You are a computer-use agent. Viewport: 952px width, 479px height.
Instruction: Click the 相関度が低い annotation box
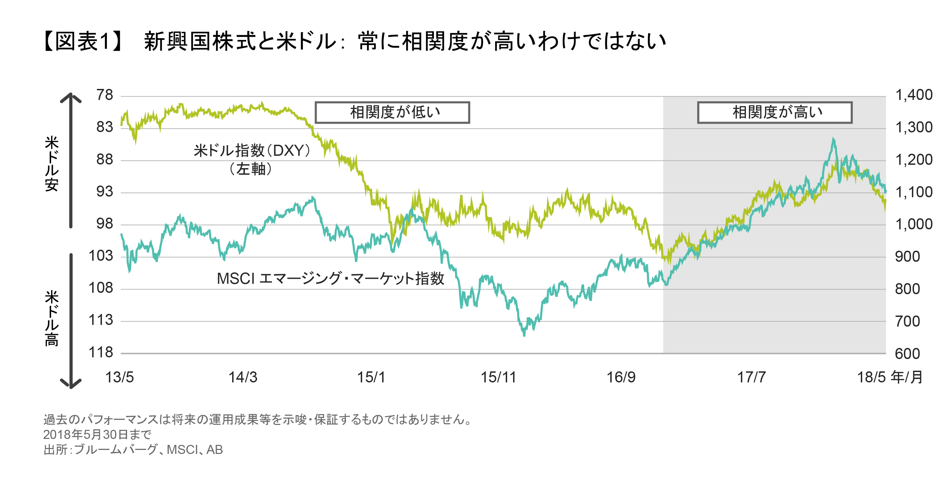pos(392,112)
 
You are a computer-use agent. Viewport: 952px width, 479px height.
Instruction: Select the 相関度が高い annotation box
pos(775,112)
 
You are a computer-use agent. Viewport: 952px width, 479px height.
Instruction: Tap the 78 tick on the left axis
pos(105,95)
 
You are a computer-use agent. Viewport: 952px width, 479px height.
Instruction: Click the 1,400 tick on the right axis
pos(914,95)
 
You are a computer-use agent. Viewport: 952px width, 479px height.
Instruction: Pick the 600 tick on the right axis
pos(907,354)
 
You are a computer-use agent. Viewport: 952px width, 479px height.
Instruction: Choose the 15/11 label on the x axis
pos(498,377)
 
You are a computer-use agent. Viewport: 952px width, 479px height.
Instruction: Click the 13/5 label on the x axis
pos(119,377)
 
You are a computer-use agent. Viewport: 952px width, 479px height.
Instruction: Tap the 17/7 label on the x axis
pos(751,377)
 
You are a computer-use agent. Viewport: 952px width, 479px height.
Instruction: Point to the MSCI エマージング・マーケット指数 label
pos(330,278)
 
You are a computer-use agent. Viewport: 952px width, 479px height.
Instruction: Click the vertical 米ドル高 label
pos(52,318)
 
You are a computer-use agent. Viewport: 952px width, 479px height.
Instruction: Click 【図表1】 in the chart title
pos(83,41)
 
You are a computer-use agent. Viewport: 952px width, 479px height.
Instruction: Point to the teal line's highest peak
pos(833,139)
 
